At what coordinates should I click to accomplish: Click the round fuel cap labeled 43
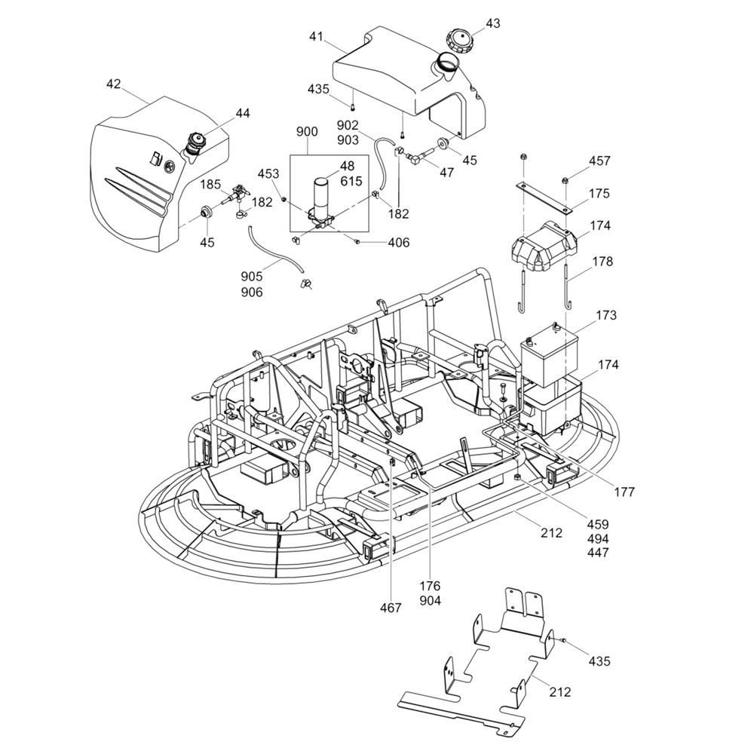point(460,41)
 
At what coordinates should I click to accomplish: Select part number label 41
point(317,36)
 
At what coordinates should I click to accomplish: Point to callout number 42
point(113,84)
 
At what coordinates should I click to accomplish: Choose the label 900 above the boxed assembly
point(307,131)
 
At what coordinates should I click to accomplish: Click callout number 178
point(602,261)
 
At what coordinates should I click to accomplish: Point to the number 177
point(624,492)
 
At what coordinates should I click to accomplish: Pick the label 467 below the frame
point(391,608)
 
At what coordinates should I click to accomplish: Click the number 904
point(430,601)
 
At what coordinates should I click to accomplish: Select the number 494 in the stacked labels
point(598,538)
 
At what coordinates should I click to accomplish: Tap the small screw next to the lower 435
point(563,640)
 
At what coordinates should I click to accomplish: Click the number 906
point(252,292)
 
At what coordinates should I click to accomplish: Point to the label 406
point(399,242)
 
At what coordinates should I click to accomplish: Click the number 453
point(268,173)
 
